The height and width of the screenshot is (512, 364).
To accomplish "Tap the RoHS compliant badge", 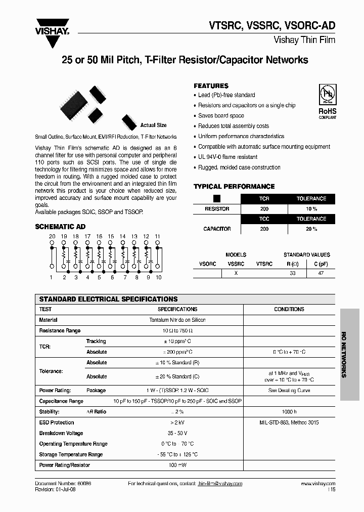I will [327, 102].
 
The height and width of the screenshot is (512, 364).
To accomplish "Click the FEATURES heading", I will [211, 86].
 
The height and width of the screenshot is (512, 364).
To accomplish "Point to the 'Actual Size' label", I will [153, 125].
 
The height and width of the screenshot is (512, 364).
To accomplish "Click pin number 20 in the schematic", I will [52, 236].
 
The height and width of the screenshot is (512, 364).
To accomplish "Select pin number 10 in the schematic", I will [158, 277].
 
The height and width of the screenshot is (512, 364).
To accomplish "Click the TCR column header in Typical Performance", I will [264, 199].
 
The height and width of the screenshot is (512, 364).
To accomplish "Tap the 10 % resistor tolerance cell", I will [311, 209].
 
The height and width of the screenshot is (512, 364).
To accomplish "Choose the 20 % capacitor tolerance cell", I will [311, 229].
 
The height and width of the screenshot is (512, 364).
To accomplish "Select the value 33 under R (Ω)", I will [293, 273].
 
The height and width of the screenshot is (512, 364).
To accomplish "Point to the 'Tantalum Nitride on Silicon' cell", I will [177, 320].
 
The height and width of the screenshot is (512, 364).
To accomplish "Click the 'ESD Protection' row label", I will [57, 422].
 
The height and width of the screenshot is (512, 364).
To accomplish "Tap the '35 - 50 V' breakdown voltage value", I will [177, 433].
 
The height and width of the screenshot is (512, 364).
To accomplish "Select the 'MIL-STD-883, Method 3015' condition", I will [289, 422].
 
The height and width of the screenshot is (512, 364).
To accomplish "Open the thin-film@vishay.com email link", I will [220, 484].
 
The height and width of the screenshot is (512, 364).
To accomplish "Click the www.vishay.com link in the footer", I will [318, 484].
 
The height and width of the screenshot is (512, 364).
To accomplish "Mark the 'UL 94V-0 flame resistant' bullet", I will [227, 157].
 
